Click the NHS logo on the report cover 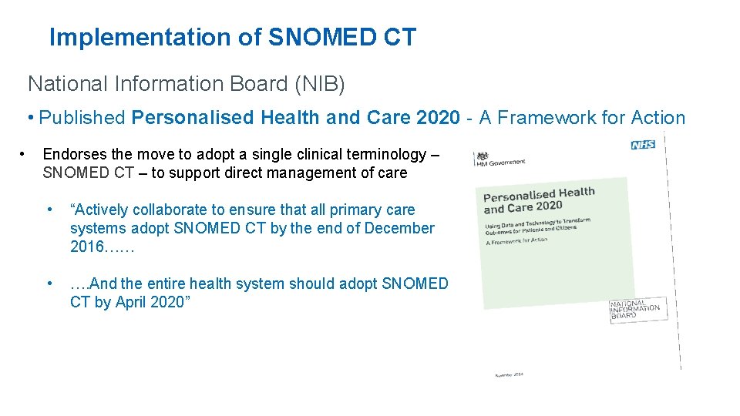point(642,145)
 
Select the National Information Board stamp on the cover point(634,309)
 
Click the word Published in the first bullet point(82,118)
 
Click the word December point(399,228)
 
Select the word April point(131,302)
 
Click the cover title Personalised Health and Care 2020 point(539,200)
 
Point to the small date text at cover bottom point(509,374)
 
